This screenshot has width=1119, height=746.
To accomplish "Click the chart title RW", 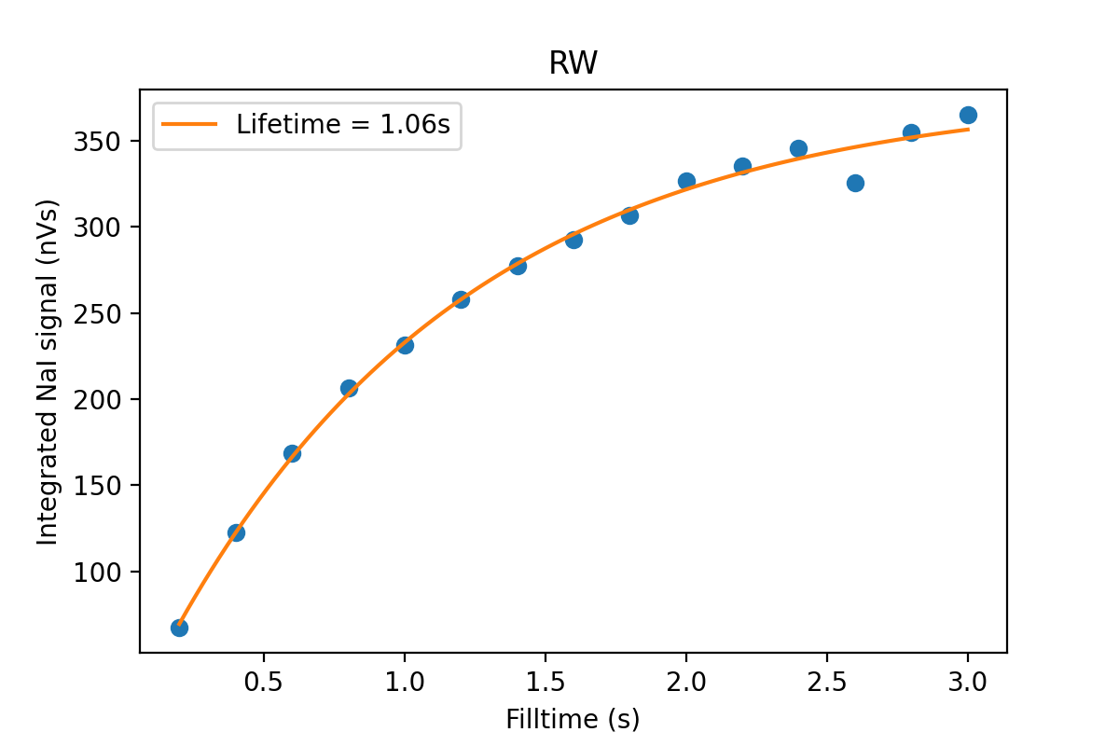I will pos(573,63).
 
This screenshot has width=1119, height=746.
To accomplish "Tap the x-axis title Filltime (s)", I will pos(573,719).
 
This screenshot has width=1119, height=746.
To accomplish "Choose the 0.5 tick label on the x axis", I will pos(264,681).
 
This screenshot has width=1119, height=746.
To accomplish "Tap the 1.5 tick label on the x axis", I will pos(546,681).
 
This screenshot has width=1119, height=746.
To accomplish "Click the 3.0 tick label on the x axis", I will pos(968,681).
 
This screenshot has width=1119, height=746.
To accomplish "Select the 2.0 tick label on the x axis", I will pos(686,681).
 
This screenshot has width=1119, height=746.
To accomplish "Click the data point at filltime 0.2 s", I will pos(179,628).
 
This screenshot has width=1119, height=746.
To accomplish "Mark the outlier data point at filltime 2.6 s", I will pos(855,183).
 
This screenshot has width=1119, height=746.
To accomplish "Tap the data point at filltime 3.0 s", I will pos(968,116).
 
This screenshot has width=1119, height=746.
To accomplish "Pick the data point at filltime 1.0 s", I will pos(405,345).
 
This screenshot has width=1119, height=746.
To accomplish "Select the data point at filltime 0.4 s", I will pos(236,532).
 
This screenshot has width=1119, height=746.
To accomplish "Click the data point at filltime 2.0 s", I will pos(686,181).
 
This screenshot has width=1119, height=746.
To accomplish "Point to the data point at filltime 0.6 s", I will pos(292,453).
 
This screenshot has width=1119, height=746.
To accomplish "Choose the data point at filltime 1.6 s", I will pos(573,240).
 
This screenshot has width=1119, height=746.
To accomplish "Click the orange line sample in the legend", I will pos(191,124).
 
